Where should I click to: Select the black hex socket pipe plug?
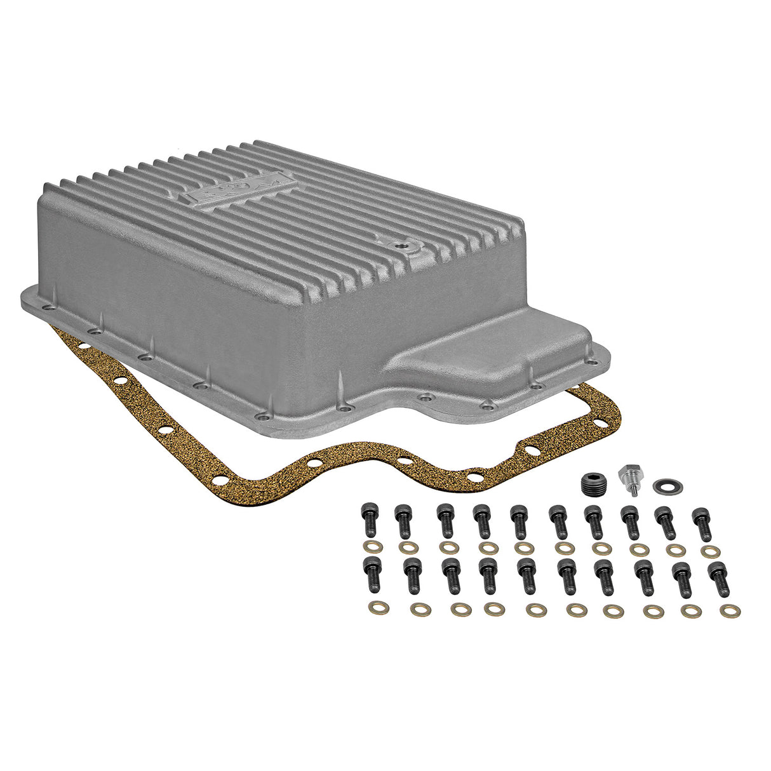tap(594, 483)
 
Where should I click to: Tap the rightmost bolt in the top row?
tap(701, 523)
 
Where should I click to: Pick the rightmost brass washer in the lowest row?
tap(730, 612)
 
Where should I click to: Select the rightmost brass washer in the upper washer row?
tap(708, 551)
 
